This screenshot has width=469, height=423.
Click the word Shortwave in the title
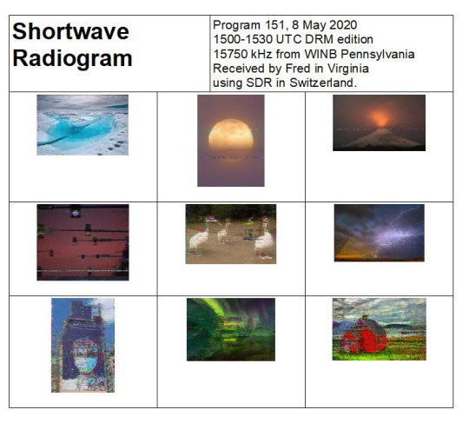70,31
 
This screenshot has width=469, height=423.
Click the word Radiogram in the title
72,58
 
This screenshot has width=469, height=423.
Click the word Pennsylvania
378,55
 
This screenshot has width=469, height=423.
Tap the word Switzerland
323,83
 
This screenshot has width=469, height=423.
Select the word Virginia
348,69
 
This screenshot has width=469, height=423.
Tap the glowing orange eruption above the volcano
381,117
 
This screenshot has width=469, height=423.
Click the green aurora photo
231,329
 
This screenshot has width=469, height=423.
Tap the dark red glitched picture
83,242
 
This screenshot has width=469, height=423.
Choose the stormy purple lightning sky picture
380,233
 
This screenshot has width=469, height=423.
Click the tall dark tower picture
83,345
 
